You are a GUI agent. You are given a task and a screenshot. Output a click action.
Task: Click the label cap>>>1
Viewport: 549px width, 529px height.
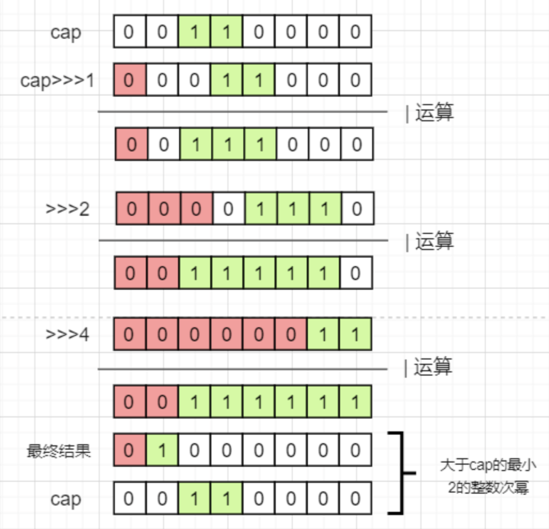pyautogui.click(x=57, y=80)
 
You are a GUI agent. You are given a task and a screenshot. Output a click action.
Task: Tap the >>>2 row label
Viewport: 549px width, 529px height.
pyautogui.click(x=68, y=209)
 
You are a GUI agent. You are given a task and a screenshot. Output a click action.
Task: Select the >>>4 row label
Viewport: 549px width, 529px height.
pyautogui.click(x=68, y=335)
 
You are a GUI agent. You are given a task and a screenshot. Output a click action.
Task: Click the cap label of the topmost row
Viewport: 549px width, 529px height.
pyautogui.click(x=66, y=32)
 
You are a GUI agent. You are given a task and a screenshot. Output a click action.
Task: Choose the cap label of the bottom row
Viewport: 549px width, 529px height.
pyautogui.click(x=66, y=499)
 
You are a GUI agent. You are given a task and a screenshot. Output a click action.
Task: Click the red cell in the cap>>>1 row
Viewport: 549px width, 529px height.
pyautogui.click(x=129, y=80)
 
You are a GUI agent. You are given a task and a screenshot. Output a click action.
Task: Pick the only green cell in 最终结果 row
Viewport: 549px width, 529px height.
pyautogui.click(x=162, y=450)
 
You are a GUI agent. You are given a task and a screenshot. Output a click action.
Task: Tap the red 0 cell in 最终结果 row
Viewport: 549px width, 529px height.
pyautogui.click(x=129, y=450)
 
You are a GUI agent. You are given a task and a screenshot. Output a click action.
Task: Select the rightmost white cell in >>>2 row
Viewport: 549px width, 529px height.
pyautogui.click(x=357, y=209)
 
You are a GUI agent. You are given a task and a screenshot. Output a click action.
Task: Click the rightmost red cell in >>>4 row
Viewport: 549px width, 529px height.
pyautogui.click(x=291, y=335)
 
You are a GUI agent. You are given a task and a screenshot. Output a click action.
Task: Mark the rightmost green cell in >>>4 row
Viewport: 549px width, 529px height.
pyautogui.click(x=355, y=335)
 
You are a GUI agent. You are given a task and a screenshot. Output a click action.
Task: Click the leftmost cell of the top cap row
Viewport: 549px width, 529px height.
pyautogui.click(x=129, y=32)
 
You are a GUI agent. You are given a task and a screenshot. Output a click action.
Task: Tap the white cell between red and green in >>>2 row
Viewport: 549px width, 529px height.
pyautogui.click(x=228, y=209)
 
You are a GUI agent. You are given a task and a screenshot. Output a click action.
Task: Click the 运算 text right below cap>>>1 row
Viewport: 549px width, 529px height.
pyautogui.click(x=434, y=113)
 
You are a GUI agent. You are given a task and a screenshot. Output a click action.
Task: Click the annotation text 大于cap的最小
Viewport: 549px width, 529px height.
pyautogui.click(x=487, y=465)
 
